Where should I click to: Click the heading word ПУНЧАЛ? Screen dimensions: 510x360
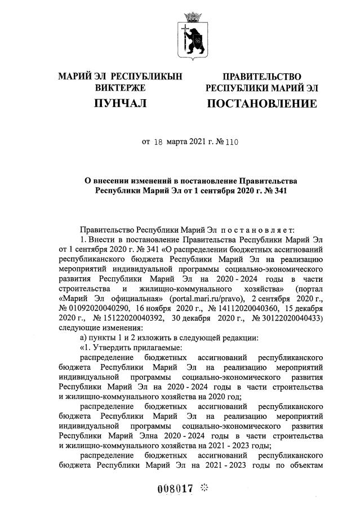[x=121, y=104]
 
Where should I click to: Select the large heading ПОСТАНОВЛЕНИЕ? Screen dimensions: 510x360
[x=262, y=104]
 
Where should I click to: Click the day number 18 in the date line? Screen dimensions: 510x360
[x=158, y=143]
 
